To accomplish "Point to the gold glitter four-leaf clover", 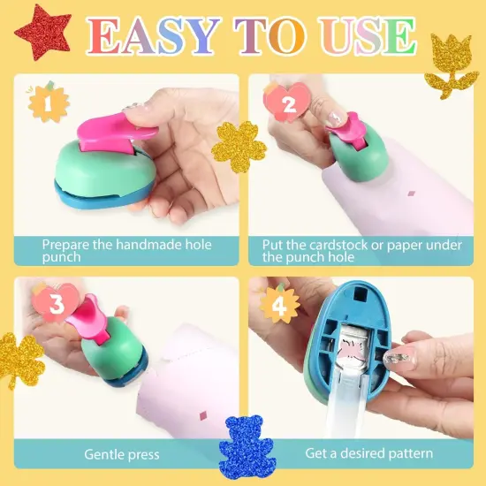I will [19, 361].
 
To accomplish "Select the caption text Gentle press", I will [122, 454].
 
